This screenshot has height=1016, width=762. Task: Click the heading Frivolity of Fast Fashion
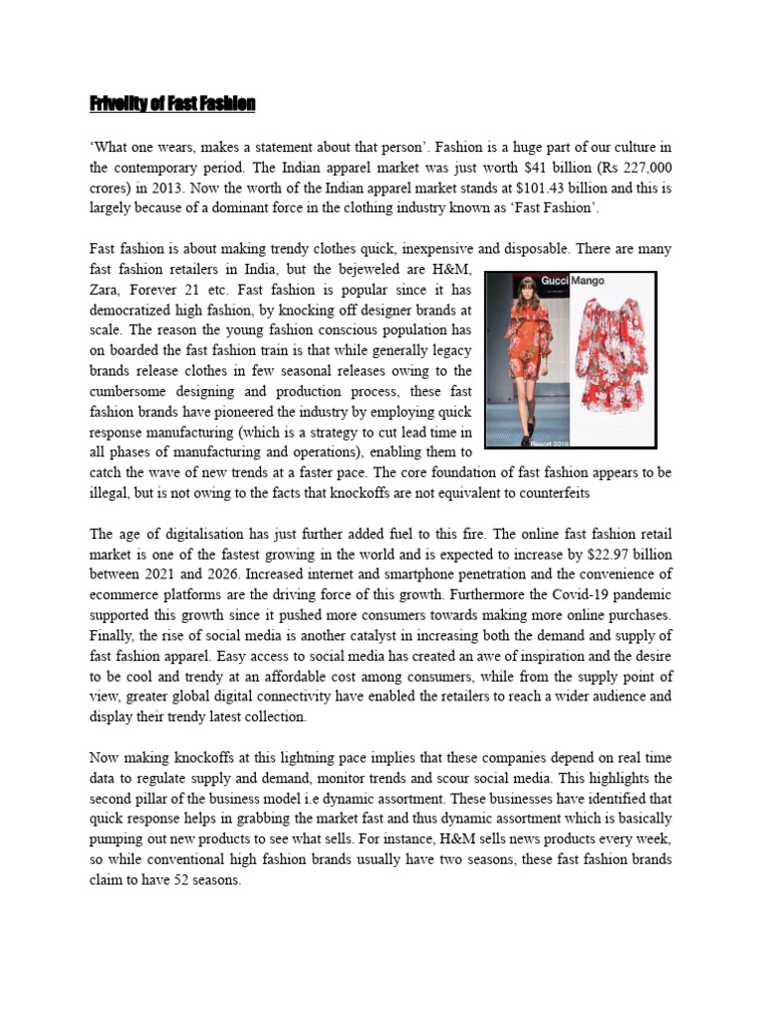point(173,103)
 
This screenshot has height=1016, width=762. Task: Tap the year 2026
point(255,574)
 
